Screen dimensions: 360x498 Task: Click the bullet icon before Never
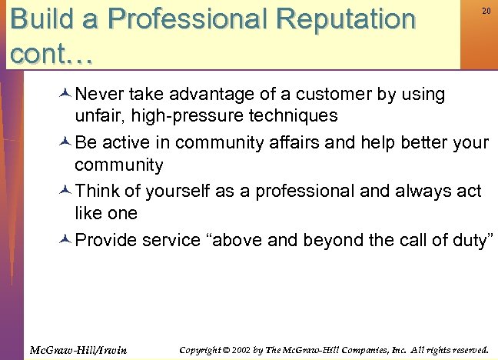(65, 95)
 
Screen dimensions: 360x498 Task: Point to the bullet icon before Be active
(65, 143)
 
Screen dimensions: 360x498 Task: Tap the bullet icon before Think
(65, 191)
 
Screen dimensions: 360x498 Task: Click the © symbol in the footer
(224, 350)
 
